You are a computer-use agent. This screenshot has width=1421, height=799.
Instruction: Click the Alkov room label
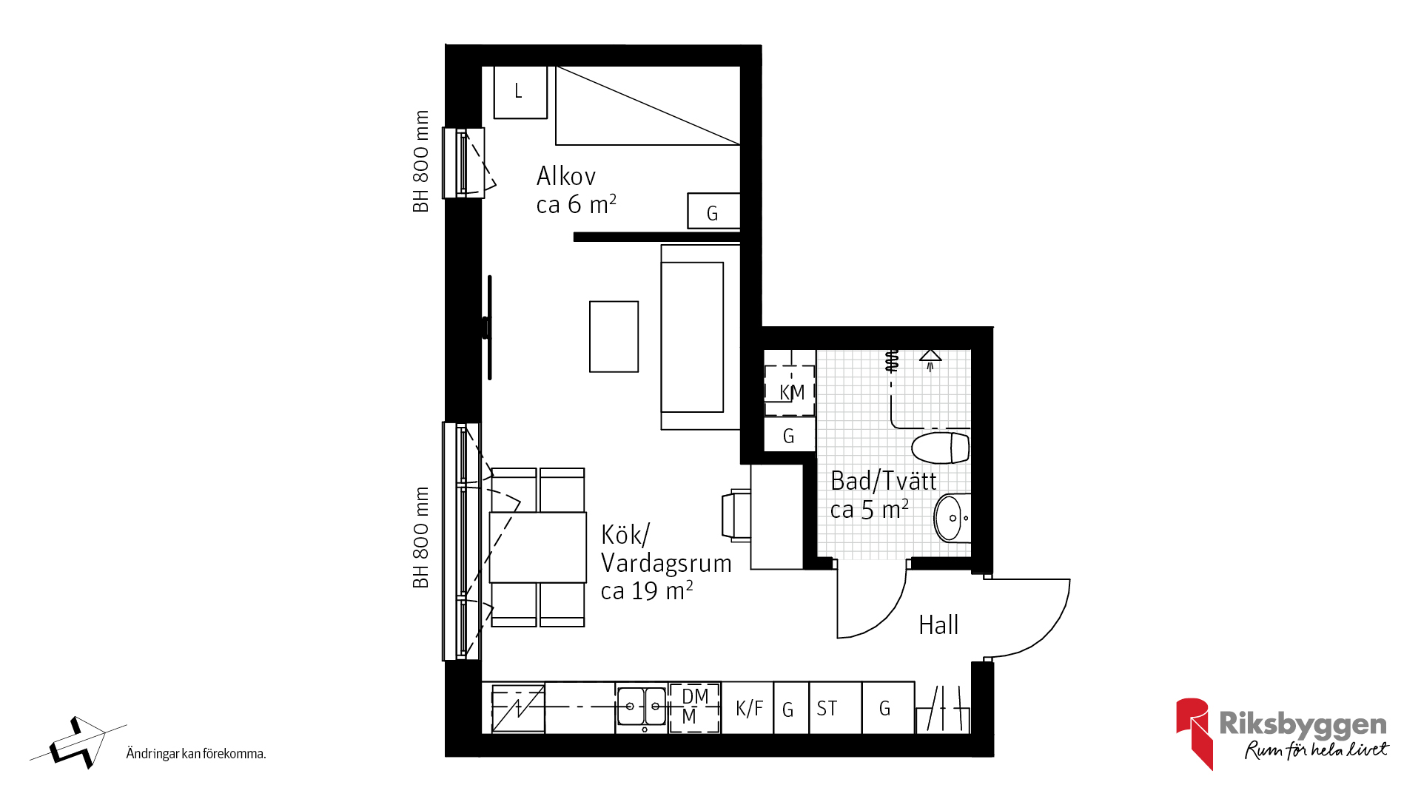coord(577,190)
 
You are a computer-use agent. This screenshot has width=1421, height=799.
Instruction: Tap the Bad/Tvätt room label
coord(884,495)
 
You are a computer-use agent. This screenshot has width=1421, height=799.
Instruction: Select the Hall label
coord(938,625)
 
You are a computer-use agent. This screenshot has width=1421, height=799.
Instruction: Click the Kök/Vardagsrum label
coord(666,562)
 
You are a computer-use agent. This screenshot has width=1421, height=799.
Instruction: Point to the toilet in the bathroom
coord(940,448)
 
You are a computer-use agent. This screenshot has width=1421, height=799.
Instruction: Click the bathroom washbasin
coord(952,517)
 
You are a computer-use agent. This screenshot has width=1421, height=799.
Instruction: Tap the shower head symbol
coord(930,359)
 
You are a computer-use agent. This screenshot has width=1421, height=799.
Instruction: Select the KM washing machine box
coord(790,391)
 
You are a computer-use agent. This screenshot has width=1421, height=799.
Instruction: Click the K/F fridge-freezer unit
coord(748,708)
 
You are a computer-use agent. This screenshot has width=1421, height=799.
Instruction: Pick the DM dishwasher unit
coord(694,708)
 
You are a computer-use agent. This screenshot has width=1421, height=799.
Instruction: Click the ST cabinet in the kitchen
coord(836,708)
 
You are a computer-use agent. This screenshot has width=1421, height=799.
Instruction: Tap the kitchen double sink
coord(642,707)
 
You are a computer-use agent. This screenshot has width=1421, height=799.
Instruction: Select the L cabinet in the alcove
coord(520,92)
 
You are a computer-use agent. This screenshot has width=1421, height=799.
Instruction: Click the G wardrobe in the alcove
coord(713,211)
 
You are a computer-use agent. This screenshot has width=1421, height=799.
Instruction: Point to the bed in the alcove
coord(648,105)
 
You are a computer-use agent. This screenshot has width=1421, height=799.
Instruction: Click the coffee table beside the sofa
coord(614,337)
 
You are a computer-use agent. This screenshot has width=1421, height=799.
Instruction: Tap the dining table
coord(537,547)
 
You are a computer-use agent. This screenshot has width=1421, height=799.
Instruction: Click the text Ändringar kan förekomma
coord(196,754)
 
